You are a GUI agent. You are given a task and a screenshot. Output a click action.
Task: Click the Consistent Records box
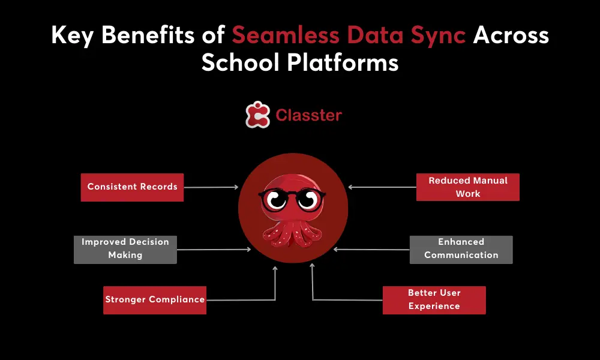(x=132, y=187)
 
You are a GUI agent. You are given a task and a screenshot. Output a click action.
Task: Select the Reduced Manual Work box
(x=468, y=187)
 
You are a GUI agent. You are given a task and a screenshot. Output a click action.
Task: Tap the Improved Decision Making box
(x=125, y=249)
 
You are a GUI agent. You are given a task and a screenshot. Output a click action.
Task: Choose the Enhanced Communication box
(x=461, y=249)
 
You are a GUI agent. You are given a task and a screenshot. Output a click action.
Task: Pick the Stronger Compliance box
(x=155, y=300)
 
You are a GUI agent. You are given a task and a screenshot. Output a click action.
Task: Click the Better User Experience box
(x=434, y=300)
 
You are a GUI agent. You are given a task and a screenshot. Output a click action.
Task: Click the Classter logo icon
(x=257, y=115)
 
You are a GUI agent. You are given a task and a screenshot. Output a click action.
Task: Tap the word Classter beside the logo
(x=308, y=115)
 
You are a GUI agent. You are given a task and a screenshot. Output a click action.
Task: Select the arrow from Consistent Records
(x=210, y=187)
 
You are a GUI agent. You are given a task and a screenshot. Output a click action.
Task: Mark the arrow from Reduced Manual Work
(x=383, y=187)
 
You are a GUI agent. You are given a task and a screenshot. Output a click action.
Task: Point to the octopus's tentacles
(x=293, y=231)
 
